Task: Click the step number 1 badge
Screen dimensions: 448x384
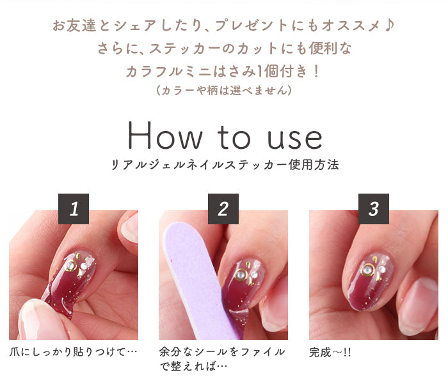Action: tap(74, 209)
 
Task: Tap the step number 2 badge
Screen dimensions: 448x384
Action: tap(223, 209)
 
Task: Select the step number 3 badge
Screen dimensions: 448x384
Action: tap(373, 209)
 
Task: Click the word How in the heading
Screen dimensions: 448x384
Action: tap(165, 136)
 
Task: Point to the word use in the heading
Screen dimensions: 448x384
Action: tap(294, 139)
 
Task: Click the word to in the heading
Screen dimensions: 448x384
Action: tap(234, 137)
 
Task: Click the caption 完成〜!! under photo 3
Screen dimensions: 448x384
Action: tap(330, 352)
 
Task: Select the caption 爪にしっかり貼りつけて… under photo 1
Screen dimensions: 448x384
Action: tap(73, 352)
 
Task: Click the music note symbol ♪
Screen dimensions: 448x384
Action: tap(389, 26)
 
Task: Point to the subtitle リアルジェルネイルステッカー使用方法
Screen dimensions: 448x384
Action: tap(225, 165)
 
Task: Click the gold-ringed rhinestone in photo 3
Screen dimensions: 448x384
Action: tap(367, 270)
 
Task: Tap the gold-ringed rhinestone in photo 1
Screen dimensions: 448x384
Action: tap(70, 266)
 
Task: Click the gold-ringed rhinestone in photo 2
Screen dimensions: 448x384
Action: tap(241, 275)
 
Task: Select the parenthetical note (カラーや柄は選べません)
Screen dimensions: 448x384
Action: tap(224, 91)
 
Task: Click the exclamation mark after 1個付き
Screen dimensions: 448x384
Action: tap(316, 72)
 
